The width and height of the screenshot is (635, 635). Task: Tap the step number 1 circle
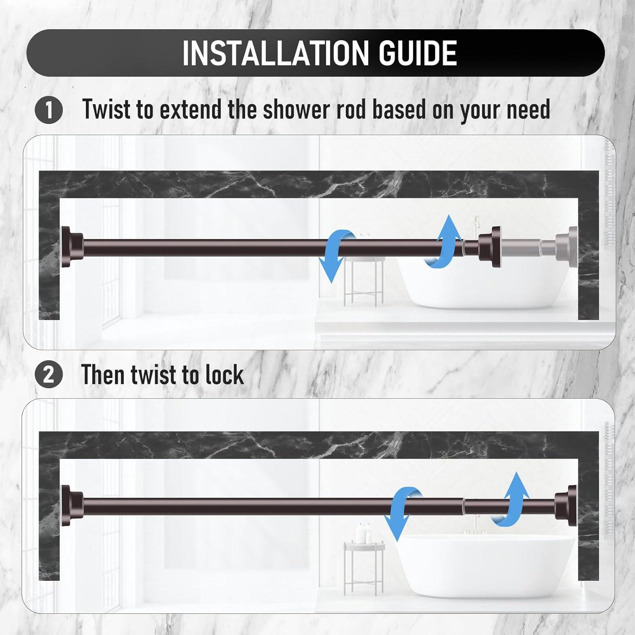pyautogui.click(x=49, y=110)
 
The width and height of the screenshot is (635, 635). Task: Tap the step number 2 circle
pyautogui.click(x=49, y=375)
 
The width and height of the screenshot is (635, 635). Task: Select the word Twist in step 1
pyautogui.click(x=107, y=109)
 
